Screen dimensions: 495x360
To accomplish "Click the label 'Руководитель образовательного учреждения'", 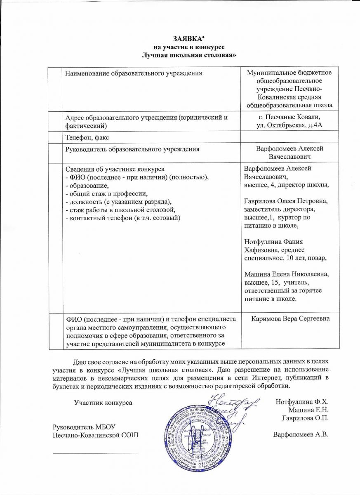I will coord(133,148).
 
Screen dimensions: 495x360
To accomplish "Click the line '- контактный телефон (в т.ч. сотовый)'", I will coord(123,217).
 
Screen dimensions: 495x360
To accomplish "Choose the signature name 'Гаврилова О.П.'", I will coord(304,418).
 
